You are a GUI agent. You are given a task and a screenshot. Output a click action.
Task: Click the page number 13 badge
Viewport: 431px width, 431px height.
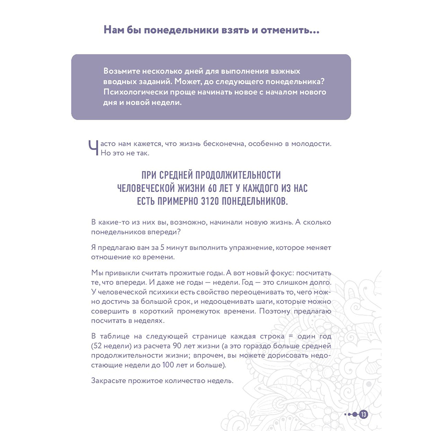point(363,414)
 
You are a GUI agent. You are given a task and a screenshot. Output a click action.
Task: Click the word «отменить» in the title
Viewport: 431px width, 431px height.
point(292,31)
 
